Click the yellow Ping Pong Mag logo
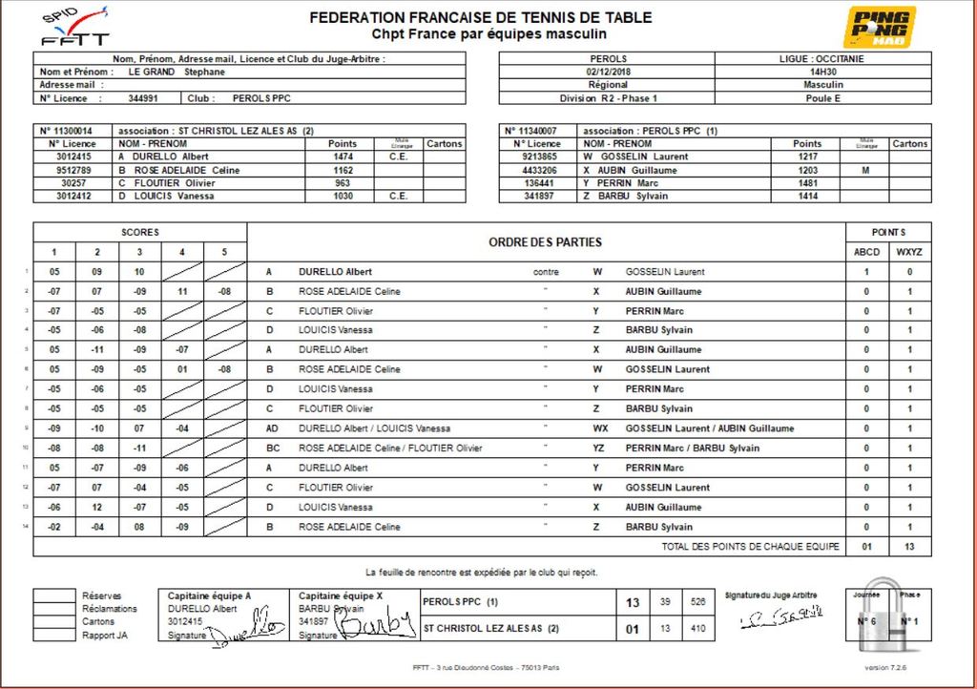click(x=879, y=27)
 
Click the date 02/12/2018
click(x=610, y=72)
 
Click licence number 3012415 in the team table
click(x=73, y=157)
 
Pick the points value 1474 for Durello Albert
click(x=343, y=157)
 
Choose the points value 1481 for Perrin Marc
click(x=807, y=183)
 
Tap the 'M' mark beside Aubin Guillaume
click(x=865, y=170)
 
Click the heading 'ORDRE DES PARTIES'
click(x=546, y=242)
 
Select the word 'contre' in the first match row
click(x=546, y=272)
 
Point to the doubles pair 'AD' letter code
click(x=272, y=428)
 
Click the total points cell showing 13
click(x=909, y=547)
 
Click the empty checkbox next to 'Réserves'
click(x=54, y=595)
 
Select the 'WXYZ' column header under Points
click(x=909, y=252)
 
